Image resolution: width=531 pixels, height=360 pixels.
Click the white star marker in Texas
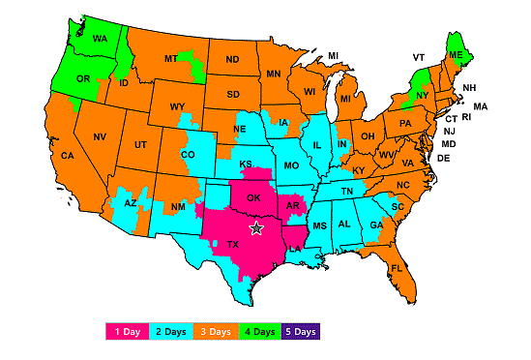pyautogui.click(x=256, y=228)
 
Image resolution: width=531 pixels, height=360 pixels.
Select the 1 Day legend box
pyautogui.click(x=129, y=332)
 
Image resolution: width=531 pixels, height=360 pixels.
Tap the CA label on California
pyautogui.click(x=68, y=156)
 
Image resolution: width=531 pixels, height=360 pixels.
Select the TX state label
pyautogui.click(x=232, y=245)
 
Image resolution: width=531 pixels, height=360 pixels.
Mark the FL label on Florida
pyautogui.click(x=397, y=268)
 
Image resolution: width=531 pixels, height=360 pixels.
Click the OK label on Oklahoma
pyautogui.click(x=252, y=197)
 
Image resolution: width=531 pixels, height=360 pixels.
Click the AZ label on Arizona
pyautogui.click(x=131, y=203)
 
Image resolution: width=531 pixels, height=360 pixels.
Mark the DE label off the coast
pyautogui.click(x=443, y=158)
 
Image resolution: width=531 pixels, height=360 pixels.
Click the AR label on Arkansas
pyautogui.click(x=292, y=204)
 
